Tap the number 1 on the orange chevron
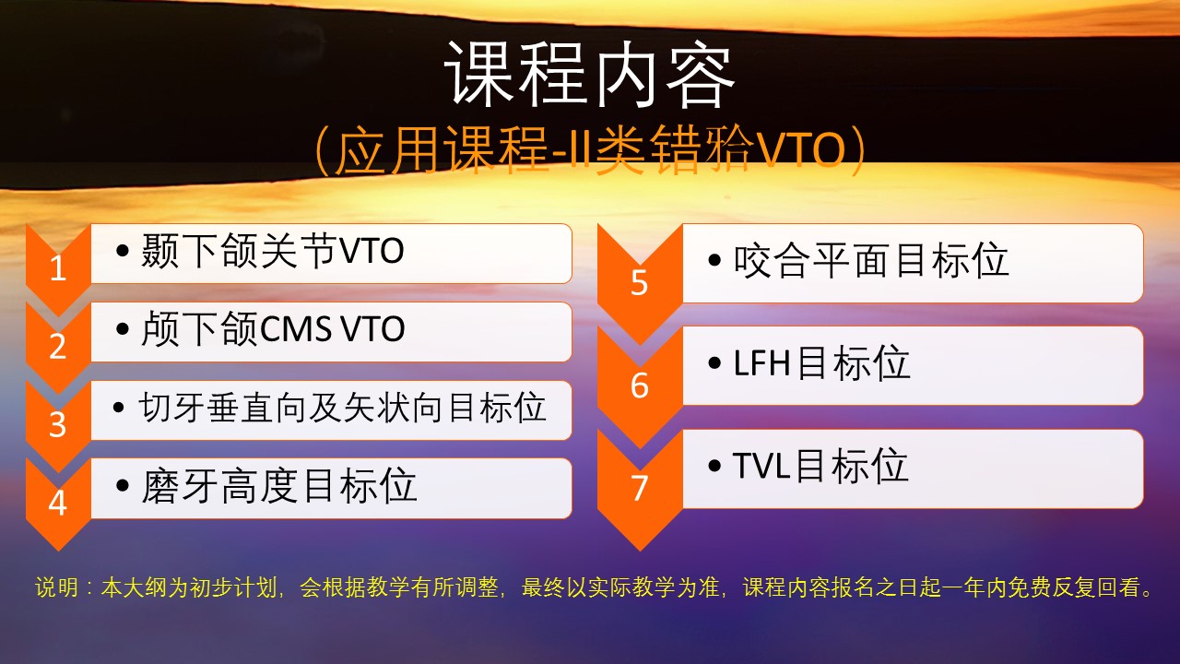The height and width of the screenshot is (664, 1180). pos(58,267)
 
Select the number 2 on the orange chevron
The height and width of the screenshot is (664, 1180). pos(58,346)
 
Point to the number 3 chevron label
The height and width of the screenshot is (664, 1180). pos(58,424)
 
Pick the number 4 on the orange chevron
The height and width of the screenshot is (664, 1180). pos(58,503)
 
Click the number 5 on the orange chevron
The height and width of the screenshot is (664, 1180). pos(639,282)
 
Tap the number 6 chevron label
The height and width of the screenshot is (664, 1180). pos(639,385)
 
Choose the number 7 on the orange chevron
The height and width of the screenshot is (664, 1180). pos(639,488)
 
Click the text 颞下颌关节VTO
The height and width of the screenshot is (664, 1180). pos(272,251)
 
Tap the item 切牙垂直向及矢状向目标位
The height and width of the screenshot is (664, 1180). pos(342,408)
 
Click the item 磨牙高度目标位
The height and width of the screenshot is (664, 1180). pos(279,485)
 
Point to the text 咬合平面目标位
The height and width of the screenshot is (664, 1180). pos(871,260)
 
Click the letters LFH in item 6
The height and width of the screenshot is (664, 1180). pos(761,363)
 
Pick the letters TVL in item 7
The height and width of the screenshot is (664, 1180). pos(761,466)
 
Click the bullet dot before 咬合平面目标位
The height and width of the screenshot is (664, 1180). pos(714,260)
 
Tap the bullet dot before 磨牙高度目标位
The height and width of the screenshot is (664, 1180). pos(123,485)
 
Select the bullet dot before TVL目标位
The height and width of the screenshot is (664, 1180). pos(714,466)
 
